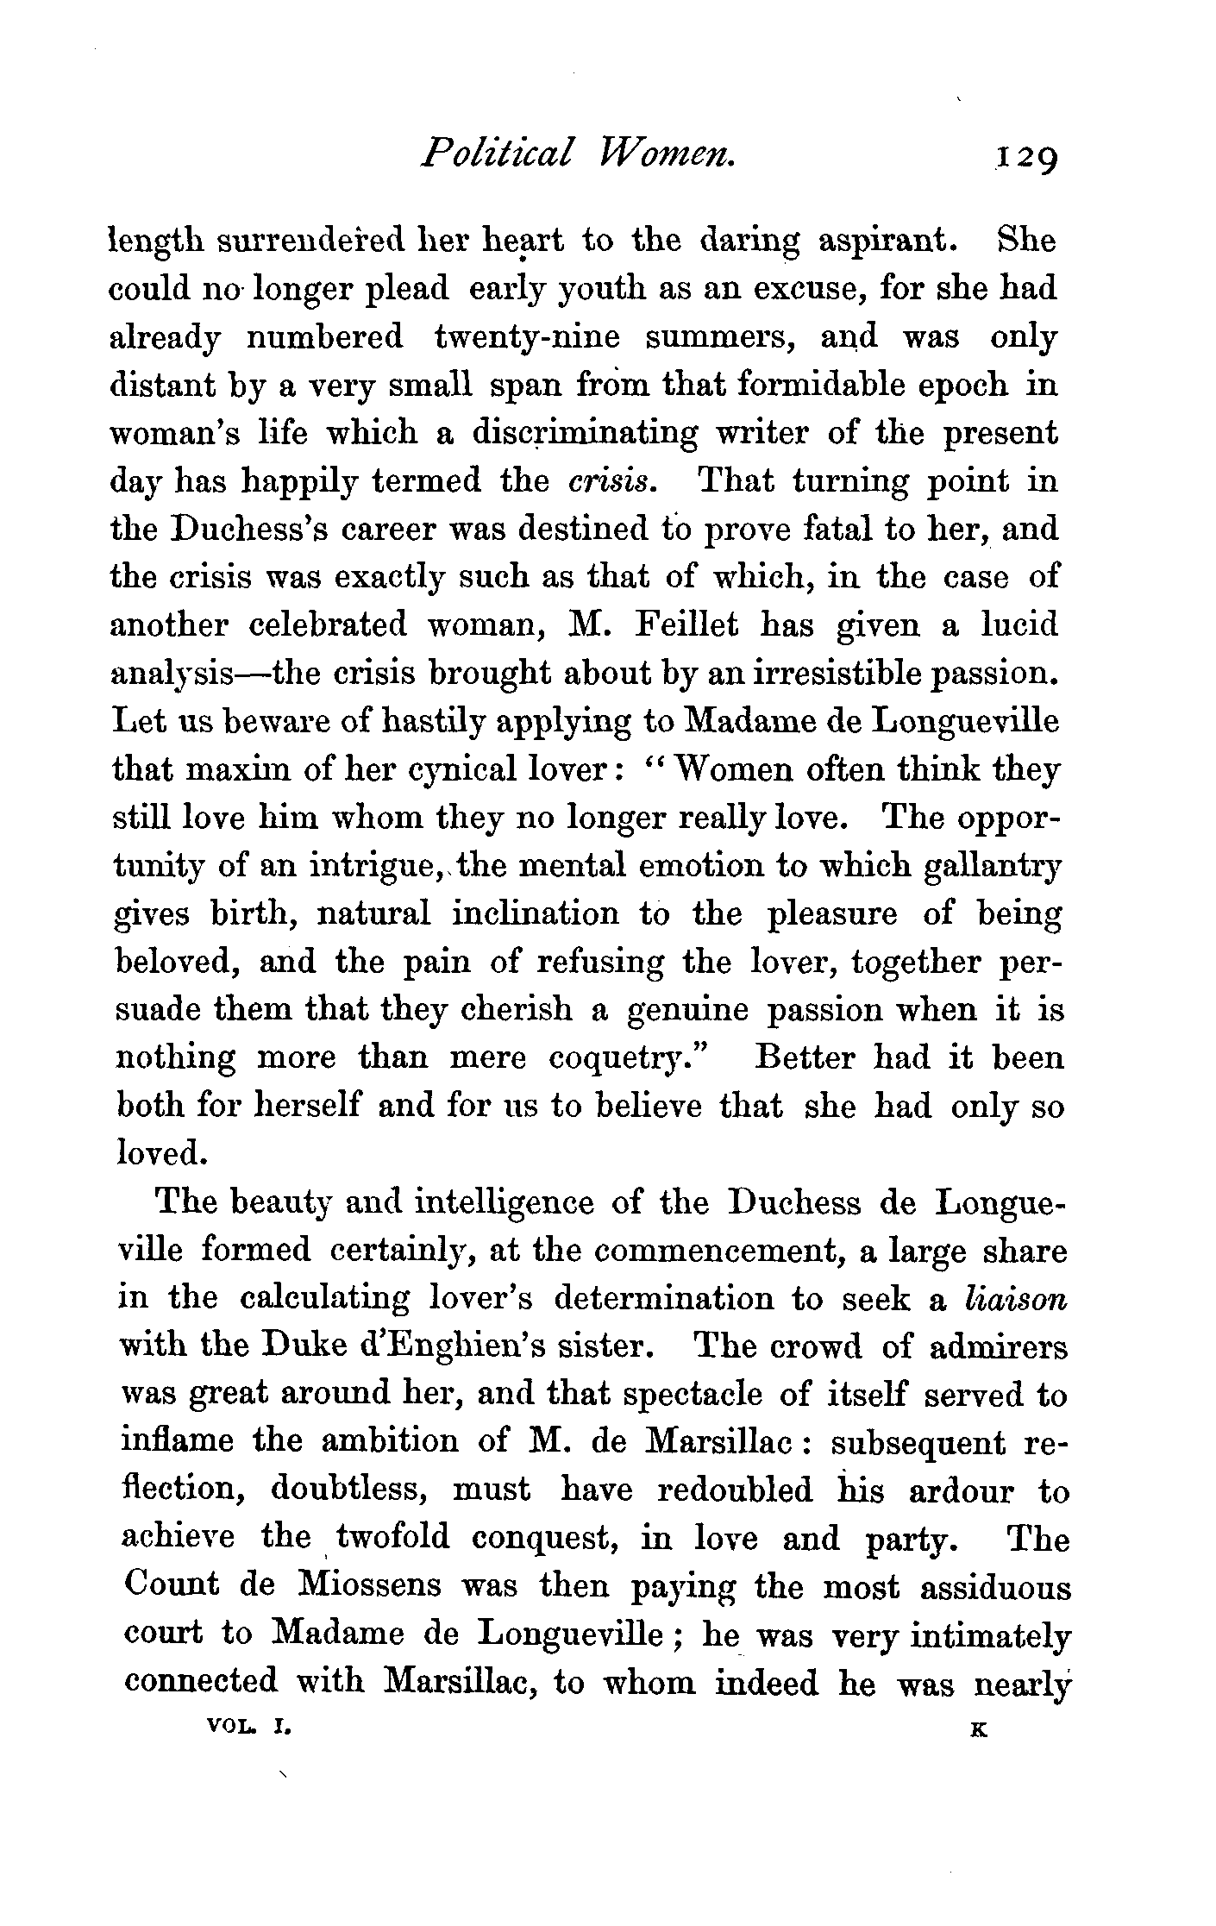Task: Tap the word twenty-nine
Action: pyautogui.click(x=527, y=336)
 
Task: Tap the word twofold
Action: pyautogui.click(x=392, y=1536)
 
